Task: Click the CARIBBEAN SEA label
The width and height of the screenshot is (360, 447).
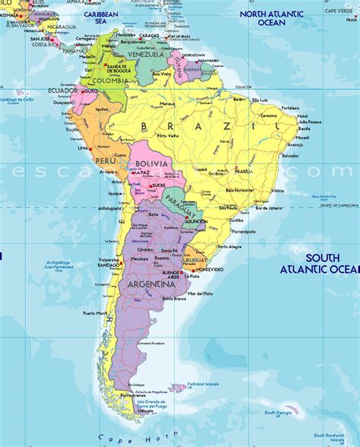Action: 101,18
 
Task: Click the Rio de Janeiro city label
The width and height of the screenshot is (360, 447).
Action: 269,208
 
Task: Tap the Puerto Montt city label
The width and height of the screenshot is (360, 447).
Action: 95,312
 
